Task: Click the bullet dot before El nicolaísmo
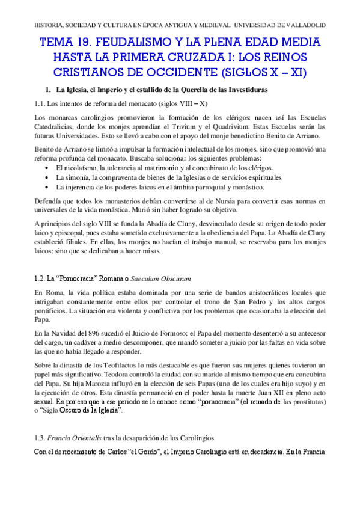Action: (x=47, y=167)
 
